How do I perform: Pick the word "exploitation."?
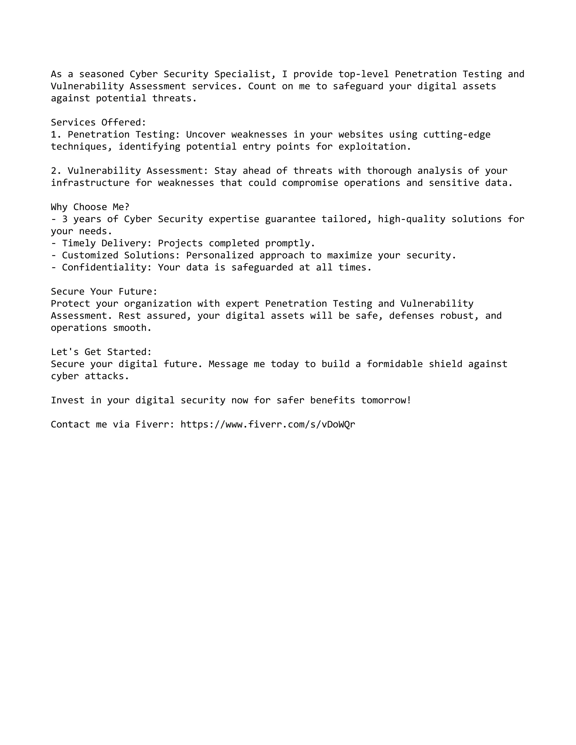[375, 146]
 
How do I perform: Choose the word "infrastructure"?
[90, 183]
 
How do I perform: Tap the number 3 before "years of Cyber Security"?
[65, 219]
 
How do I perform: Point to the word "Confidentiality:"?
[107, 267]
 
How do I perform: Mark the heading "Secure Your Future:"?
[104, 291]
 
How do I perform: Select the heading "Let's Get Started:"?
[101, 352]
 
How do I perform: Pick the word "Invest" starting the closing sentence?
[67, 400]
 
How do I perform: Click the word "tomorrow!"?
[386, 400]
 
